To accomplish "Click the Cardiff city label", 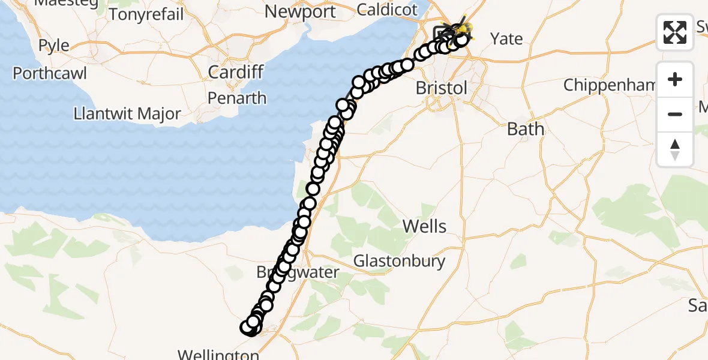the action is coord(236,73).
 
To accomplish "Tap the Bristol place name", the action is coord(441,88).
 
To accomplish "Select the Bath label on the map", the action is coord(526,129).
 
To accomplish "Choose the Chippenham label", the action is coord(610,85).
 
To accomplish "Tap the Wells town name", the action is coord(424,226).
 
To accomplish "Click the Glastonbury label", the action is coord(399,261).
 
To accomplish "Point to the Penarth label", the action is coord(237,98).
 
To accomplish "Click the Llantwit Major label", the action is coord(127,113).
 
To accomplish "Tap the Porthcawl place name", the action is coord(50,73).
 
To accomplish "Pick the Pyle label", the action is coord(53,46).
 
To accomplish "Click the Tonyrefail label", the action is coord(146,14).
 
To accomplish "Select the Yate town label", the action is coord(506,39).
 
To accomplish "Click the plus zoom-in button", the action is coord(675,80).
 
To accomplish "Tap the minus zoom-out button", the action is coord(675,114).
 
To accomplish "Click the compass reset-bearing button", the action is coord(675,148).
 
